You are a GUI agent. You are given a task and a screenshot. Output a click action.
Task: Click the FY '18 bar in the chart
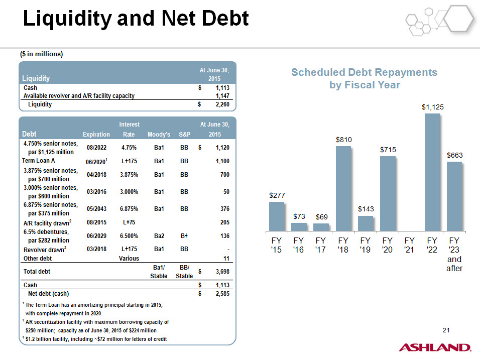(343, 189)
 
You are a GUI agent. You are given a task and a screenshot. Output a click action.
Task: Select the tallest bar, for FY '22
(432, 172)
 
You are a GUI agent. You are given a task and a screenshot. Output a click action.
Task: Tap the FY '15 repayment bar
(277, 216)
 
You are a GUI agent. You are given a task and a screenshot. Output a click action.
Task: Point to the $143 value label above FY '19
(366, 209)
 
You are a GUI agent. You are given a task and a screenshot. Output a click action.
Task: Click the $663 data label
(454, 155)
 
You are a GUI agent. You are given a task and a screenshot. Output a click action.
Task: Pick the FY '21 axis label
(409, 245)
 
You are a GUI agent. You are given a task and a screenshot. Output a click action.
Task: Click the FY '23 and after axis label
(454, 255)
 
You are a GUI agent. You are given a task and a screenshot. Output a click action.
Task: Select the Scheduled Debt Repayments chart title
(365, 78)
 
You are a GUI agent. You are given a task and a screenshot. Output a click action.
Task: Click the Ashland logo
(435, 347)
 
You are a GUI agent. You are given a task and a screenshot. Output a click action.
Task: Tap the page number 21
(446, 330)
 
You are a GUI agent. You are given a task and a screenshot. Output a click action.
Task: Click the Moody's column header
(159, 135)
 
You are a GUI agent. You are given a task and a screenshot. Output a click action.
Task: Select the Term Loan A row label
(38, 161)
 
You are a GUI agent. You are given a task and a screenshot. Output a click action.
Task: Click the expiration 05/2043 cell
(96, 209)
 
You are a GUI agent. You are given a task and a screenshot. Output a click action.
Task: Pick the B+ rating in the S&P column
(184, 235)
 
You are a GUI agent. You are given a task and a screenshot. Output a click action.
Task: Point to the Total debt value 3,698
(222, 272)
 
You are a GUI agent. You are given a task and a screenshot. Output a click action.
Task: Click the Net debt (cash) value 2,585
(222, 294)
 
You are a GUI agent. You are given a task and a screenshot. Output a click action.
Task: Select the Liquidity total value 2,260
(222, 104)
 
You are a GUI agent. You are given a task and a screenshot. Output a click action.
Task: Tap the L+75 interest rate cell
(129, 222)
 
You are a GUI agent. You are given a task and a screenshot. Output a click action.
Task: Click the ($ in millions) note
(41, 54)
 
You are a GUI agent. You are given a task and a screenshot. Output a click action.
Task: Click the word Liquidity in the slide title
(67, 19)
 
